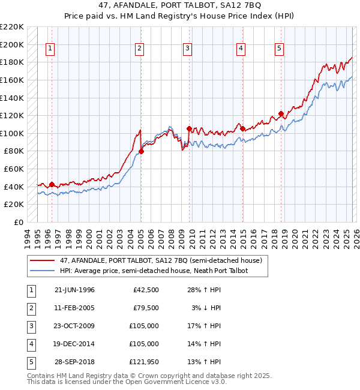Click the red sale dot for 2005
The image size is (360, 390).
click(142, 151)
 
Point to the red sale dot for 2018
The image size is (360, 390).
click(281, 114)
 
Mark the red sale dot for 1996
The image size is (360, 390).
click(52, 184)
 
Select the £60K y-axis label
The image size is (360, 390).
click(14, 169)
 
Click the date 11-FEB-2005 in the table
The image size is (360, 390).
click(74, 308)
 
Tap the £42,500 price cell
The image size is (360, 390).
click(145, 290)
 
